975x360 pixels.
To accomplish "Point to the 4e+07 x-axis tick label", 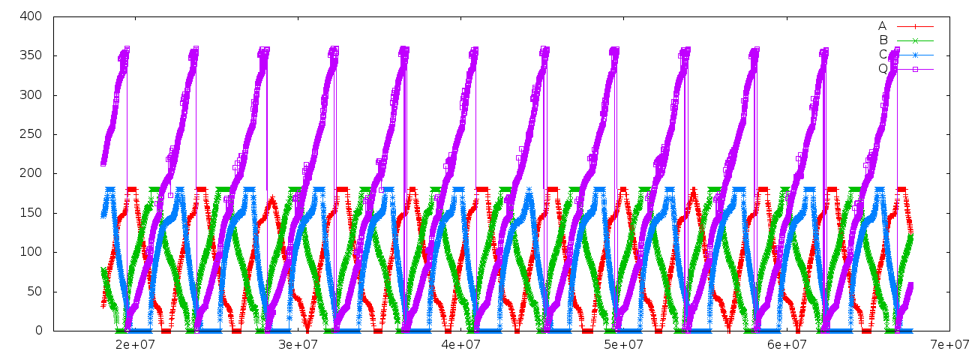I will [x=460, y=344].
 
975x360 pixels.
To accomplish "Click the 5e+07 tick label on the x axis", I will [x=624, y=344].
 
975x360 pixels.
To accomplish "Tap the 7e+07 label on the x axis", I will [x=949, y=344].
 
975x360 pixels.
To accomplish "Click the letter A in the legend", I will [x=883, y=26].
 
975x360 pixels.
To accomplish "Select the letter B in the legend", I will [x=883, y=40].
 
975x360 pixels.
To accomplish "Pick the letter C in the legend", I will [x=883, y=55].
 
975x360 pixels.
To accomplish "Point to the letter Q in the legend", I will [x=883, y=69].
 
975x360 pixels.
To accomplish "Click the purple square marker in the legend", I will [x=915, y=69].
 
